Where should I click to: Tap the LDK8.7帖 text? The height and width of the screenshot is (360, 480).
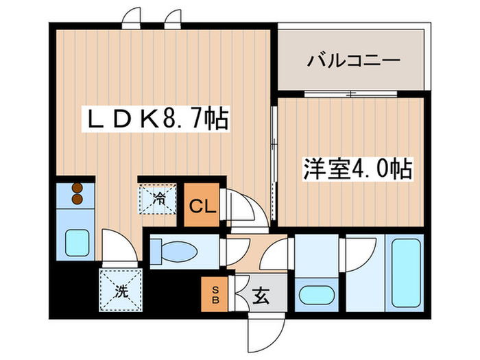(156, 121)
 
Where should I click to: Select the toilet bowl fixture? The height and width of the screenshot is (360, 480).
(176, 250)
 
